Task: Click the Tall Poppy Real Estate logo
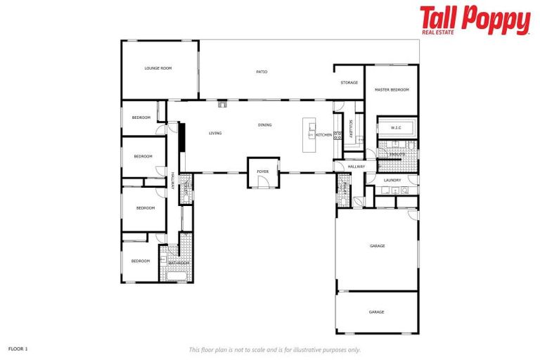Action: [475, 20]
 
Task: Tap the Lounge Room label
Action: [158, 68]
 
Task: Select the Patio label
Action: [262, 72]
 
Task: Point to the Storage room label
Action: [349, 83]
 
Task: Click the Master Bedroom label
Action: [392, 90]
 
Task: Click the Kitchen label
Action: [323, 134]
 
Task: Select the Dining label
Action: [264, 125]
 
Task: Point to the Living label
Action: [215, 133]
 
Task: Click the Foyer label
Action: [263, 172]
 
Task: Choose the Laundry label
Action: [392, 180]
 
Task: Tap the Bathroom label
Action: [179, 263]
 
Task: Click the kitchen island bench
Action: [309, 134]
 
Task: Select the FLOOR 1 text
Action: [18, 348]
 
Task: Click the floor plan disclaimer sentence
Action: [274, 349]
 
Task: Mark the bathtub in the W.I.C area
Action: [397, 128]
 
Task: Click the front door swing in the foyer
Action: [262, 182]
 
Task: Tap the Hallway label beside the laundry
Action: [356, 167]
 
